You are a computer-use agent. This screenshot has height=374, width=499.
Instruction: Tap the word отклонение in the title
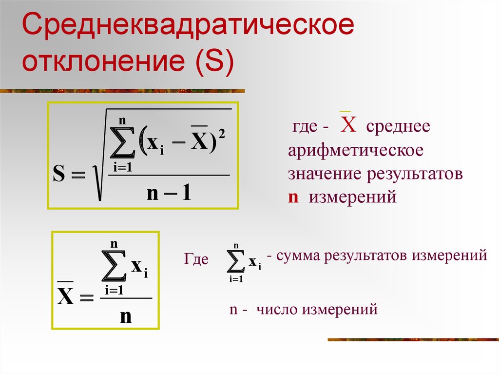[103, 60]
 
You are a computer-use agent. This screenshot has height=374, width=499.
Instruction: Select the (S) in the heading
[215, 61]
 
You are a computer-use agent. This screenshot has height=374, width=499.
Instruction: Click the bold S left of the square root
[59, 174]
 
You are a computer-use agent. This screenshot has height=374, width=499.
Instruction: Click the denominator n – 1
[169, 193]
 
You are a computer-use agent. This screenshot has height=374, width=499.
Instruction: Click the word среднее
[398, 126]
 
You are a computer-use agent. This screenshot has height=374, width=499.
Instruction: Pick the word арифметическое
[355, 150]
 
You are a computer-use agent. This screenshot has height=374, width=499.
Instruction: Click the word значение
[325, 174]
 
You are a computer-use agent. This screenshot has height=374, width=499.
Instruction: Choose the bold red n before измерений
[293, 197]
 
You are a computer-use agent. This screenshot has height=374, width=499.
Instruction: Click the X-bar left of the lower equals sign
[65, 294]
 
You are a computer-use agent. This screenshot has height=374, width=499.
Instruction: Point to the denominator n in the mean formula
[126, 316]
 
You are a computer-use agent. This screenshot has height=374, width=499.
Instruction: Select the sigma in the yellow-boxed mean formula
[114, 266]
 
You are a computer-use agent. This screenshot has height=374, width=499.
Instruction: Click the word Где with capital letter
[196, 259]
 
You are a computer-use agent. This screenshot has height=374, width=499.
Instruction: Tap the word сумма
[298, 256]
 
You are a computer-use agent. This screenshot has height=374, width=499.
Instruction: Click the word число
[277, 309]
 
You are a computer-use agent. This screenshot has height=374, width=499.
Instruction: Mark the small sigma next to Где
[236, 261]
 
